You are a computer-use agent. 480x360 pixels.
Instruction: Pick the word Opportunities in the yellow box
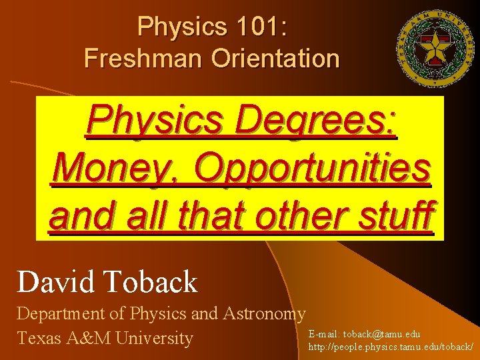312,169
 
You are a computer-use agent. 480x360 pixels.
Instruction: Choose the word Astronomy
264,313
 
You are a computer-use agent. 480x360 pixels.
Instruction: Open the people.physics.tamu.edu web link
391,347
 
